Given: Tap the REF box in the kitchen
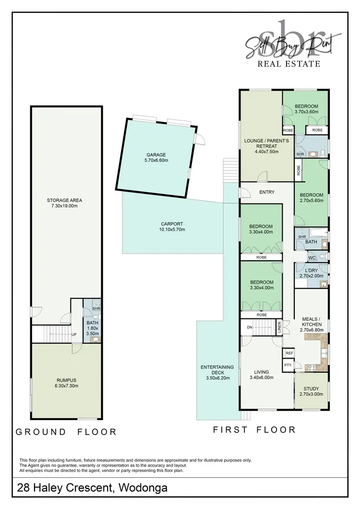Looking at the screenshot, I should click(289, 353).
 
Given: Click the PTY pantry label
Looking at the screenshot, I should click(288, 365).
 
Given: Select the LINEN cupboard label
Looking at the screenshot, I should click(279, 328).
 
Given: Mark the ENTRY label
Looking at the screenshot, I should click(266, 192).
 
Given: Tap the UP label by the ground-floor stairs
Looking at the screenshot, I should click(73, 335).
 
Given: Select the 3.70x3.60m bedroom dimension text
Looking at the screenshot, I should click(306, 112).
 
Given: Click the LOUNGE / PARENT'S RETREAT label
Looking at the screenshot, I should click(260, 144).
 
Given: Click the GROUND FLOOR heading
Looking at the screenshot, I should click(66, 432).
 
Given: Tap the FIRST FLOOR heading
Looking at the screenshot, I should click(254, 430).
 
